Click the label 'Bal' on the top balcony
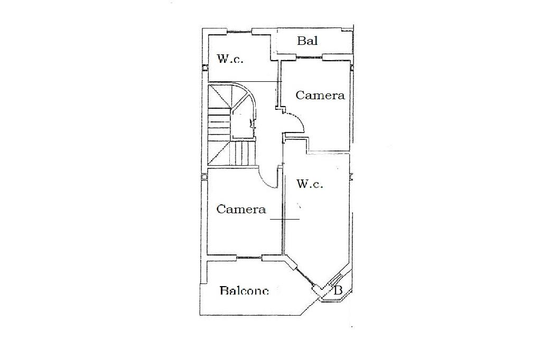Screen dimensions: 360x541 [x=307, y=41]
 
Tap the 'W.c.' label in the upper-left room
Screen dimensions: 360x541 [x=230, y=59]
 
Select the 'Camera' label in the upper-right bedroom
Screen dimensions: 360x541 [x=320, y=96]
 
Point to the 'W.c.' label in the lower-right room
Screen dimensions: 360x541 [x=310, y=184]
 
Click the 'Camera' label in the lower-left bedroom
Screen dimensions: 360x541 [x=241, y=210]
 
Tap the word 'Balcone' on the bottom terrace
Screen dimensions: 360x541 [x=244, y=290]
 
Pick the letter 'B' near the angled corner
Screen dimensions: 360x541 [x=339, y=290]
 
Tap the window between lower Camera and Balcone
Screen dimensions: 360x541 [x=249, y=258]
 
